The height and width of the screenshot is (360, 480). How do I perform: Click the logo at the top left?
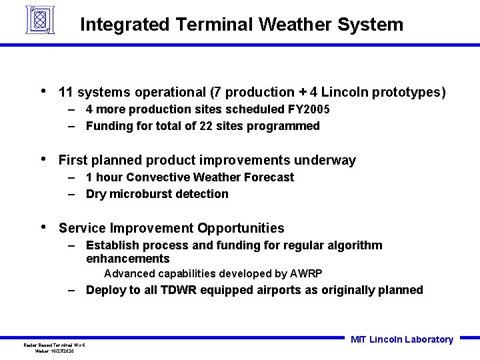[x=39, y=19]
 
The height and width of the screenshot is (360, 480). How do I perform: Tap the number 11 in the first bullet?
[x=65, y=92]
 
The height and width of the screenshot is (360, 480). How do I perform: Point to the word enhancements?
[x=128, y=259]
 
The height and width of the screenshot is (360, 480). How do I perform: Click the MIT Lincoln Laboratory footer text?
[x=401, y=339]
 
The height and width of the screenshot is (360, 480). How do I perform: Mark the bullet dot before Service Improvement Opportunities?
[x=43, y=227]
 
